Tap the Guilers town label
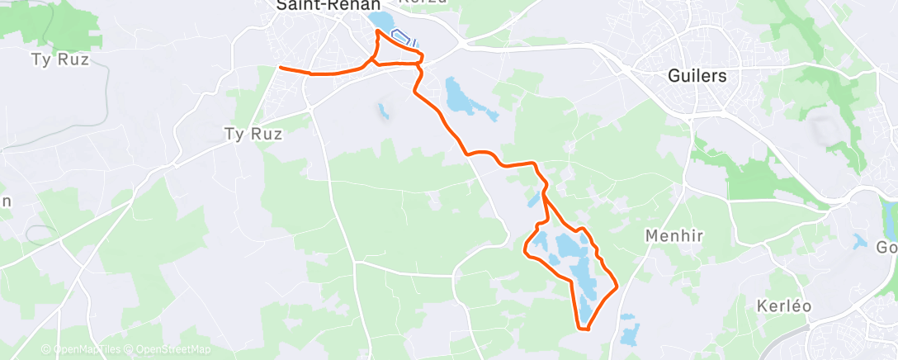697,76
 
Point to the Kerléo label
783,306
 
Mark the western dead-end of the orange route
281,68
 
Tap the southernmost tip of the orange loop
587,330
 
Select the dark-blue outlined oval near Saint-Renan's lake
402,38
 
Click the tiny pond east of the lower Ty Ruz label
383,109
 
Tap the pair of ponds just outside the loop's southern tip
629,329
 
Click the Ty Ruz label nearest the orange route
253,133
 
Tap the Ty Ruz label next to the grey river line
59,60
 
